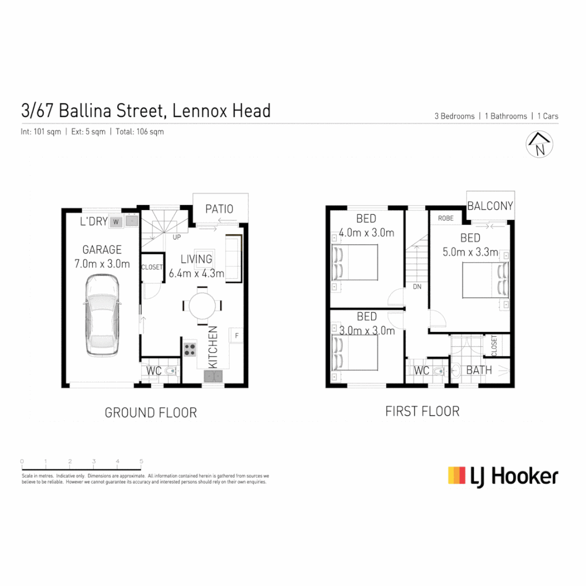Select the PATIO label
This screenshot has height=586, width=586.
tap(220, 209)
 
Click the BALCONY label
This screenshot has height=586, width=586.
tap(490, 206)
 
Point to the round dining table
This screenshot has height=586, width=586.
tap(202, 305)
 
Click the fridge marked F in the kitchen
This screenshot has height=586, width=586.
tap(237, 336)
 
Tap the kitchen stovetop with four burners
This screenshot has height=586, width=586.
tap(190, 349)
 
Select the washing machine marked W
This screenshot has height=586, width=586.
tap(116, 221)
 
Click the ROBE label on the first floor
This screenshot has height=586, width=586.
tap(446, 218)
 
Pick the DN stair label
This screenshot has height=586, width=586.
tap(417, 286)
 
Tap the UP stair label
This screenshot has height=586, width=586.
tap(177, 237)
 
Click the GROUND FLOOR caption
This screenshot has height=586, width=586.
tap(150, 413)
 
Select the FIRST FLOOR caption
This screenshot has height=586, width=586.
tap(422, 411)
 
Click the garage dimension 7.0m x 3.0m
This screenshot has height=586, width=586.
tap(103, 264)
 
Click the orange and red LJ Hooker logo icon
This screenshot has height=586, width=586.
tap(457, 475)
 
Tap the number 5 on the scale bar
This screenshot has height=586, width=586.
tap(141, 461)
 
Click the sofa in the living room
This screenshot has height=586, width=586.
tap(233, 258)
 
